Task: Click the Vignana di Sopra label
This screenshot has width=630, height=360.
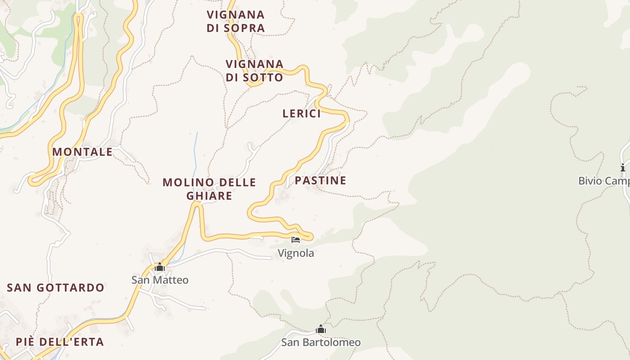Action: pyautogui.click(x=235, y=21)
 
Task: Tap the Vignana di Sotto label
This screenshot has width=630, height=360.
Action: pyautogui.click(x=254, y=71)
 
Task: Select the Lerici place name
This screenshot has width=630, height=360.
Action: pyautogui.click(x=301, y=113)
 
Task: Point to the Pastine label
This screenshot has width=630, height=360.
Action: pyautogui.click(x=320, y=180)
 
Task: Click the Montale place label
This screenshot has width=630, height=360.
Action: pyautogui.click(x=82, y=152)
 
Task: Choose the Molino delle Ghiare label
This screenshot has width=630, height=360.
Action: pyautogui.click(x=209, y=189)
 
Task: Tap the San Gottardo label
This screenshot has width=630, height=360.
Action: pyautogui.click(x=55, y=288)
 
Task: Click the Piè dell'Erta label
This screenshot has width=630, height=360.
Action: pyautogui.click(x=60, y=342)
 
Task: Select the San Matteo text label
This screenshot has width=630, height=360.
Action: pyautogui.click(x=160, y=280)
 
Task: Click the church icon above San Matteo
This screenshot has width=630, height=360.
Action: pyautogui.click(x=160, y=268)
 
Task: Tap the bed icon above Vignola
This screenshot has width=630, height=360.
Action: pyautogui.click(x=296, y=240)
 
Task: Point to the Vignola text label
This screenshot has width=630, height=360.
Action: pyautogui.click(x=296, y=253)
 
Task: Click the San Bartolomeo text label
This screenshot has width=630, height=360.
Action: pyautogui.click(x=321, y=342)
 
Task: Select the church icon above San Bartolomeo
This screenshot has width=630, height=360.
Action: pyautogui.click(x=321, y=329)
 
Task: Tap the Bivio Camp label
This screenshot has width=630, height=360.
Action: pyautogui.click(x=603, y=181)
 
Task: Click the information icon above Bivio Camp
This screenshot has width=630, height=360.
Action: pyautogui.click(x=623, y=168)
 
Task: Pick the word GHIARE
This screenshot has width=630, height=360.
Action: pyautogui.click(x=209, y=196)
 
